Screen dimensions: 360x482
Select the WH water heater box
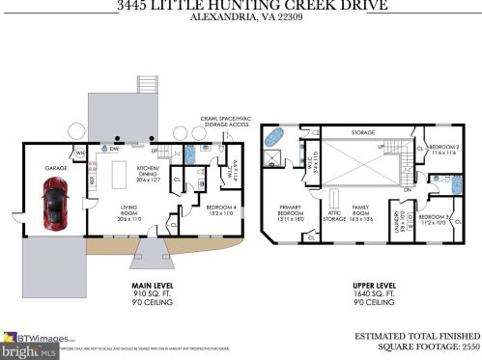coord(80,152)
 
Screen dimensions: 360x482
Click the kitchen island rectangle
coord(123,176)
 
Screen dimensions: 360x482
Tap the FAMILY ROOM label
coord(364,212)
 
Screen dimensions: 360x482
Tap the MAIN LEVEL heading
coord(151,286)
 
